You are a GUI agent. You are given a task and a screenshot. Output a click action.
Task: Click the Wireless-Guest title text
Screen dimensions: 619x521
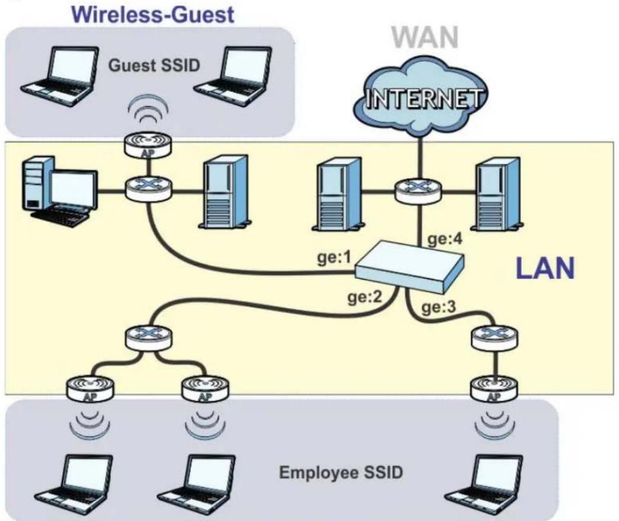(154, 15)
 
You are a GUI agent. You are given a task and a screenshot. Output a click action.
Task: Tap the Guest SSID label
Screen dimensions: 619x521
(154, 65)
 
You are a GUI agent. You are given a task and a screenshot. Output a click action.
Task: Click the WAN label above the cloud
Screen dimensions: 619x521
(425, 38)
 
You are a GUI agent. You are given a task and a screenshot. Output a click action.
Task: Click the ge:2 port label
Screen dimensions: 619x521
(365, 297)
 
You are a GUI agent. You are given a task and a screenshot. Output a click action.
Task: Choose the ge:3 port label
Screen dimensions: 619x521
(439, 307)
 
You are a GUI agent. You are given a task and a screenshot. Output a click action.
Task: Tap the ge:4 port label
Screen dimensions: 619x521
(445, 240)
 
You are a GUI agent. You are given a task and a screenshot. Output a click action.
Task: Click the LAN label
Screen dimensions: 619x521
(545, 268)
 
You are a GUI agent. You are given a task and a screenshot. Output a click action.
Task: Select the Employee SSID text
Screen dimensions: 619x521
(341, 472)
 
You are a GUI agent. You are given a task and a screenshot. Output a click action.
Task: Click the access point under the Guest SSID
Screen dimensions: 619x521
(148, 145)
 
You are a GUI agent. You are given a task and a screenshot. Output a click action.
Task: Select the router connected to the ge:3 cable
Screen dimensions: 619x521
(495, 338)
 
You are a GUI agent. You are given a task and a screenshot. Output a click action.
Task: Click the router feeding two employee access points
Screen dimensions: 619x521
(148, 338)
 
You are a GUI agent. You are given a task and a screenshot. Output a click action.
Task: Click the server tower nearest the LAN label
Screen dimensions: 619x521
(498, 194)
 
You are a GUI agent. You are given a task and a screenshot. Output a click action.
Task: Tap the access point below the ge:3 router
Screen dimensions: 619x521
(494, 389)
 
